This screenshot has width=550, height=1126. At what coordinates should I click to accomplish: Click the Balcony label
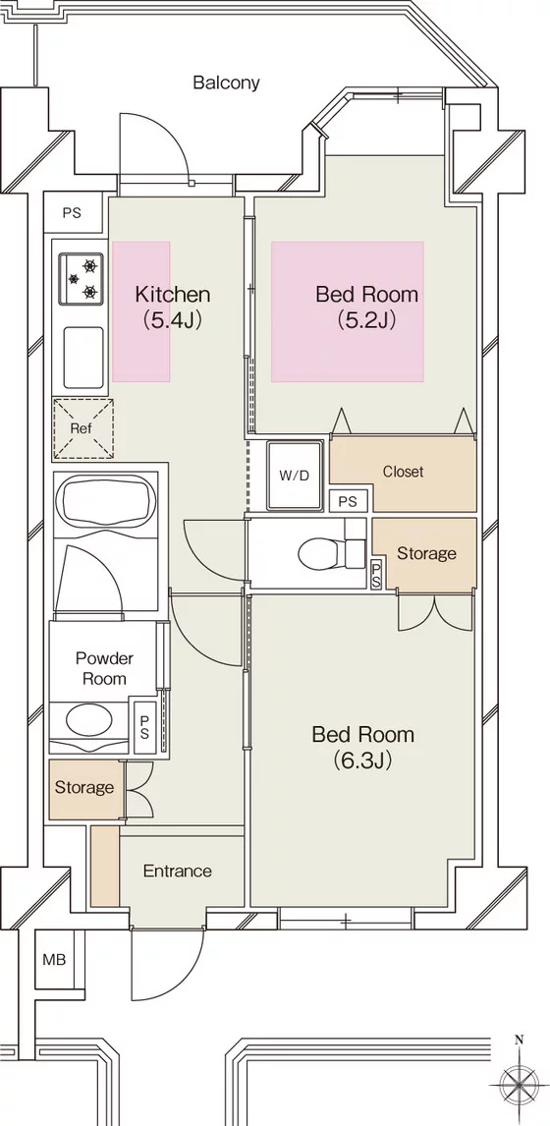[226, 83]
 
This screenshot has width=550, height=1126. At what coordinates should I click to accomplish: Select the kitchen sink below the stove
[83, 357]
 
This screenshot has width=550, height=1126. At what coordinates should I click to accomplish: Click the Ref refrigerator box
[82, 428]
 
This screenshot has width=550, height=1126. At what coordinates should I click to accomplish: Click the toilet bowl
[320, 553]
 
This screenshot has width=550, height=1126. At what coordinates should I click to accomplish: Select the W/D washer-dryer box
[295, 475]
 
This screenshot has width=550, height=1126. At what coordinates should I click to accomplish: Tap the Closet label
[403, 472]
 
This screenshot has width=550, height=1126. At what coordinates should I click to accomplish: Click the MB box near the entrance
[55, 959]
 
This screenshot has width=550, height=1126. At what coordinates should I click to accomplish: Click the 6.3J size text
[362, 760]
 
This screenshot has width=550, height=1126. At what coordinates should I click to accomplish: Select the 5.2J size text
[367, 319]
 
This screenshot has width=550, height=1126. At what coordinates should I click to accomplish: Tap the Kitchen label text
[173, 294]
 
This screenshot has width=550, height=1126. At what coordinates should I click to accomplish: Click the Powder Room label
[105, 668]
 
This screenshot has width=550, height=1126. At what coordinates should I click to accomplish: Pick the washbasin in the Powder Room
[89, 718]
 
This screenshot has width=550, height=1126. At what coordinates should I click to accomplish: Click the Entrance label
[178, 872]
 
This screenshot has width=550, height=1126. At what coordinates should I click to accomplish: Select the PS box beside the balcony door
[72, 213]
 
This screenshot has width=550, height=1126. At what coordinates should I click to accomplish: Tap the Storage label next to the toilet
[426, 553]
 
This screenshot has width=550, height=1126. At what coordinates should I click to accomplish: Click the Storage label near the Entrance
[84, 788]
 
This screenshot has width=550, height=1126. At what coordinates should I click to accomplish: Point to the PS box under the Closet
[348, 501]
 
